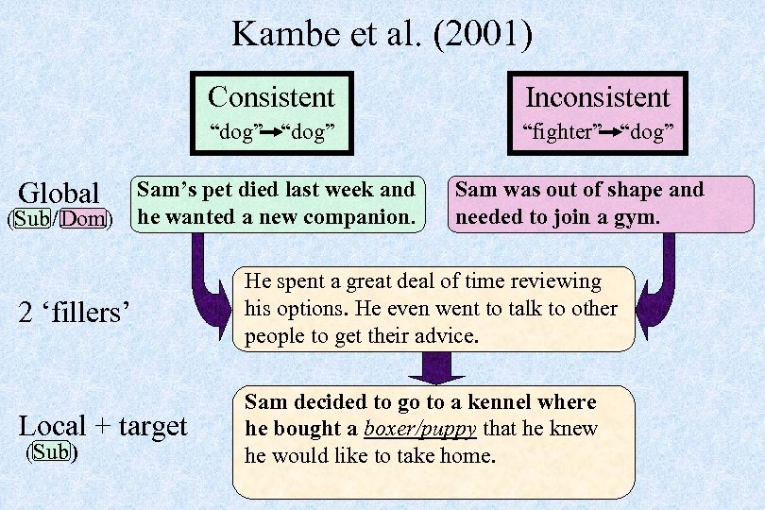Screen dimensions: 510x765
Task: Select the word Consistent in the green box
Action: tap(271, 96)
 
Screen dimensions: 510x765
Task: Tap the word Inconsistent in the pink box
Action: tap(597, 96)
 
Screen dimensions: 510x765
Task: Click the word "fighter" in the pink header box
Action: tap(562, 132)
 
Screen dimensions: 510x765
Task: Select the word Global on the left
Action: tap(59, 193)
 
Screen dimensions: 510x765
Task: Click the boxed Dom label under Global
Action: tap(82, 220)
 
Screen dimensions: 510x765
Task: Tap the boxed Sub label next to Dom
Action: tap(32, 220)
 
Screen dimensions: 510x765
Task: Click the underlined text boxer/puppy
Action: tap(423, 429)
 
